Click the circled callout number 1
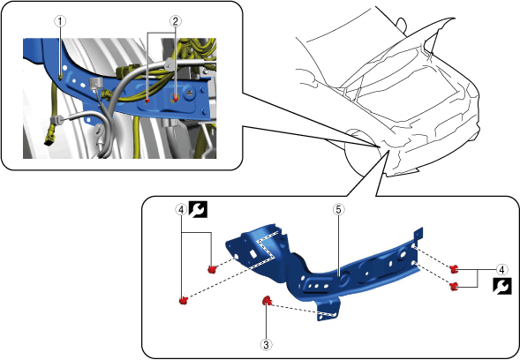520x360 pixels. (x=60, y=21)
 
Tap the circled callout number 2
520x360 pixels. (x=176, y=21)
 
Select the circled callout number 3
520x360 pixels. (x=266, y=345)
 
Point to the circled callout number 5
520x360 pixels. (x=339, y=209)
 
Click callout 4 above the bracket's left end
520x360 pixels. (x=181, y=209)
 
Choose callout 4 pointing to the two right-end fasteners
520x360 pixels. (x=501, y=270)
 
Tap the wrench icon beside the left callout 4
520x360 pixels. (x=198, y=209)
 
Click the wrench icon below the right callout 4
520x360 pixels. (x=502, y=286)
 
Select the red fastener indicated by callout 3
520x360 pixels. (x=267, y=301)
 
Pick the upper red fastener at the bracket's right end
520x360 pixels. (x=455, y=269)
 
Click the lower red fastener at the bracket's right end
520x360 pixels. (x=454, y=286)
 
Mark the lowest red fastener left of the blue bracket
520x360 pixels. (x=184, y=300)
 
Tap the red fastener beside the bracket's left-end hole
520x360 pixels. (x=212, y=269)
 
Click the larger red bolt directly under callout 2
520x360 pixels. (x=175, y=97)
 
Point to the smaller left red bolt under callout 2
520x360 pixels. (x=148, y=101)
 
